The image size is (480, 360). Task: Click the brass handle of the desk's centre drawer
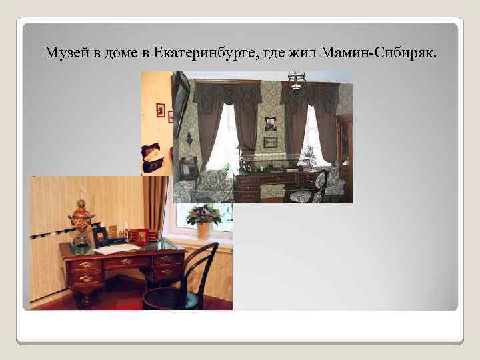tap(126, 261)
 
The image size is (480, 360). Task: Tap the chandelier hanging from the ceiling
tap(296, 80)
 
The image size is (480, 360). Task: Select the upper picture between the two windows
tap(270, 123)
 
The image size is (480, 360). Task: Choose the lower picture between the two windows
tap(270, 142)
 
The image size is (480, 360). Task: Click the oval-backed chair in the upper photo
tap(320, 183)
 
